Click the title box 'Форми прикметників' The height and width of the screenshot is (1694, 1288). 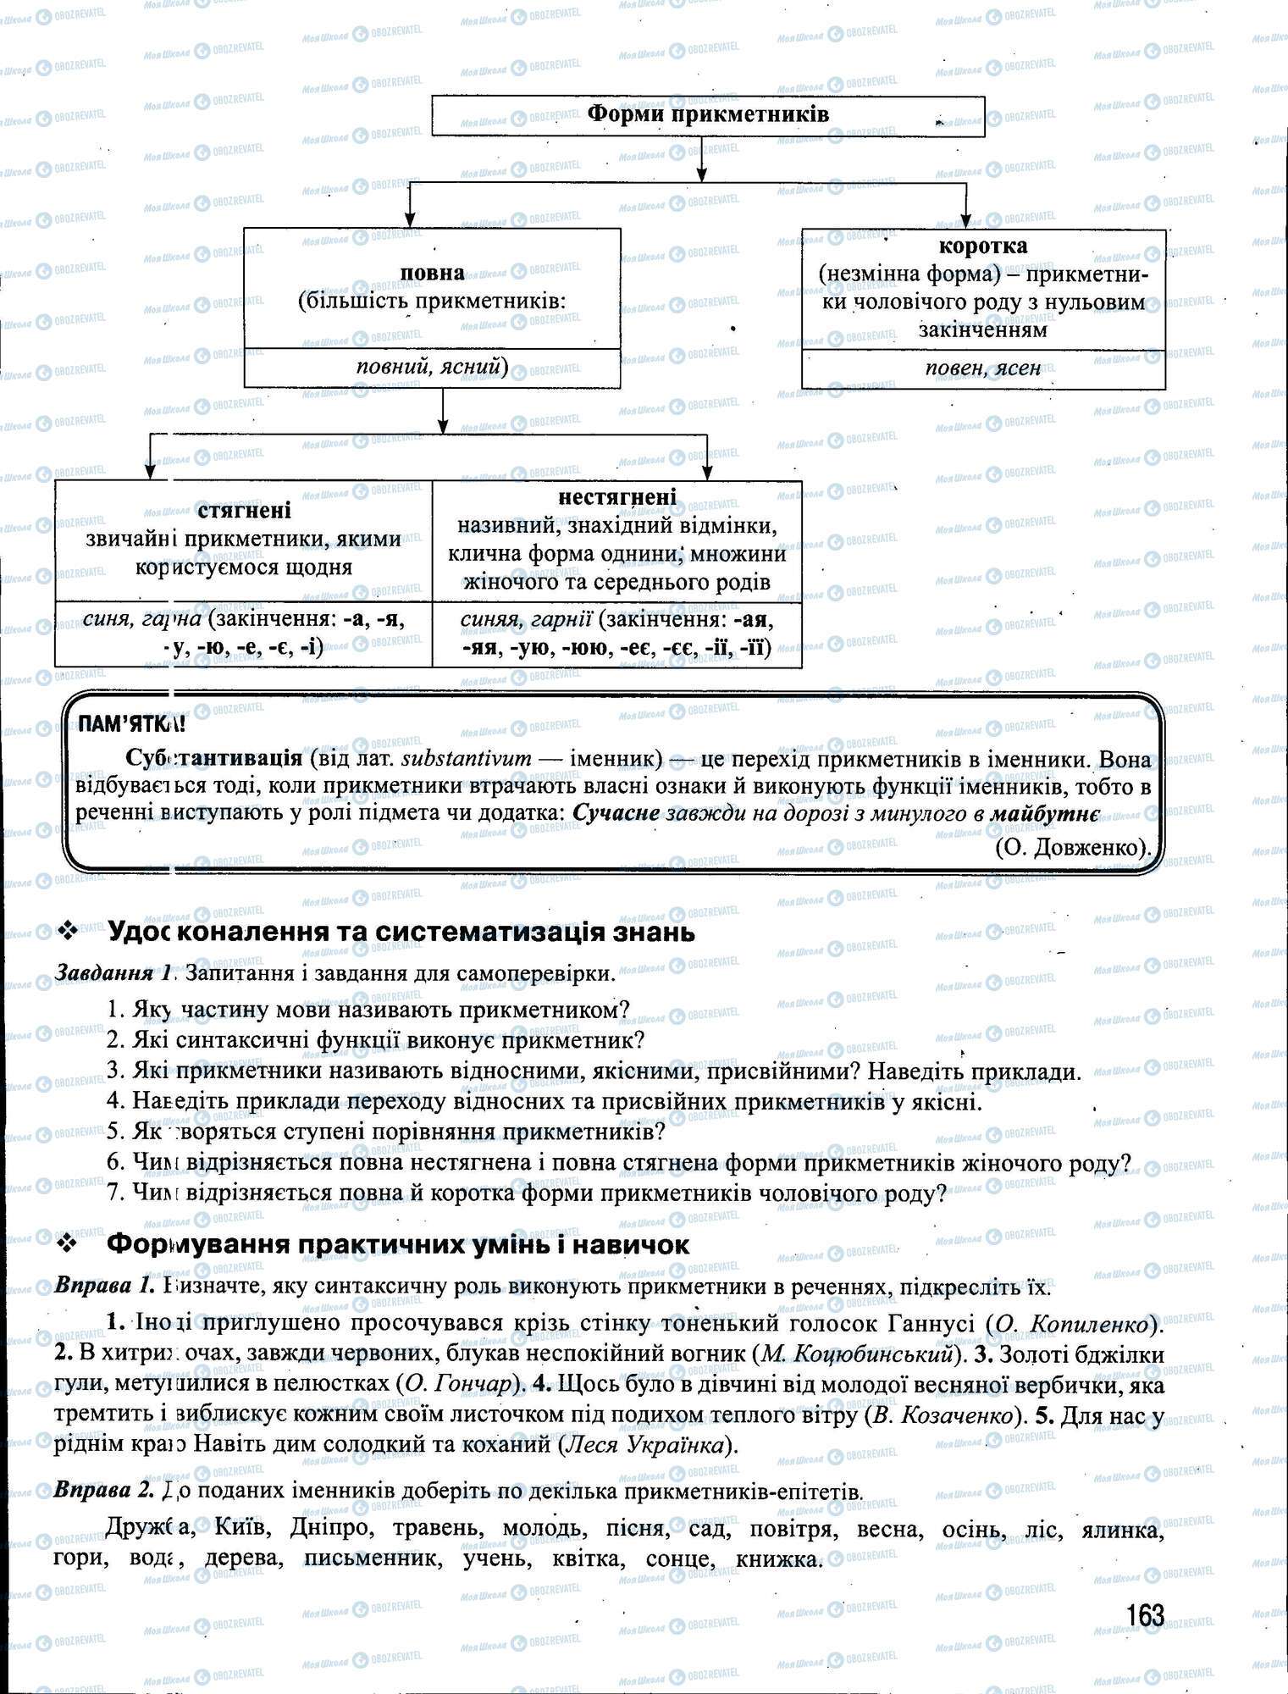click(708, 114)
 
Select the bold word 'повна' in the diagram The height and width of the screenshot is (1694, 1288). click(432, 273)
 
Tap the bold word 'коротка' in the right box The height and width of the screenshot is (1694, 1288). click(983, 246)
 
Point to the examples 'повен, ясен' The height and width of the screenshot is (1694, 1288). click(982, 368)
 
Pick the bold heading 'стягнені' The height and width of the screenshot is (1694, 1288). click(244, 510)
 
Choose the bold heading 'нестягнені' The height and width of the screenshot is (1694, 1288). click(617, 496)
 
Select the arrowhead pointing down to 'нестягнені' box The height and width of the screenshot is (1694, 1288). click(707, 472)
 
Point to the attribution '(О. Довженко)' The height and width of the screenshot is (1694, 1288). click(1073, 845)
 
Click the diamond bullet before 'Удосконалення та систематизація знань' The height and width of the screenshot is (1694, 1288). click(67, 933)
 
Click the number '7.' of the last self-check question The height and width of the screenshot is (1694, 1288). click(117, 1193)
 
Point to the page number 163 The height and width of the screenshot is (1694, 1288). click(1145, 1615)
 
